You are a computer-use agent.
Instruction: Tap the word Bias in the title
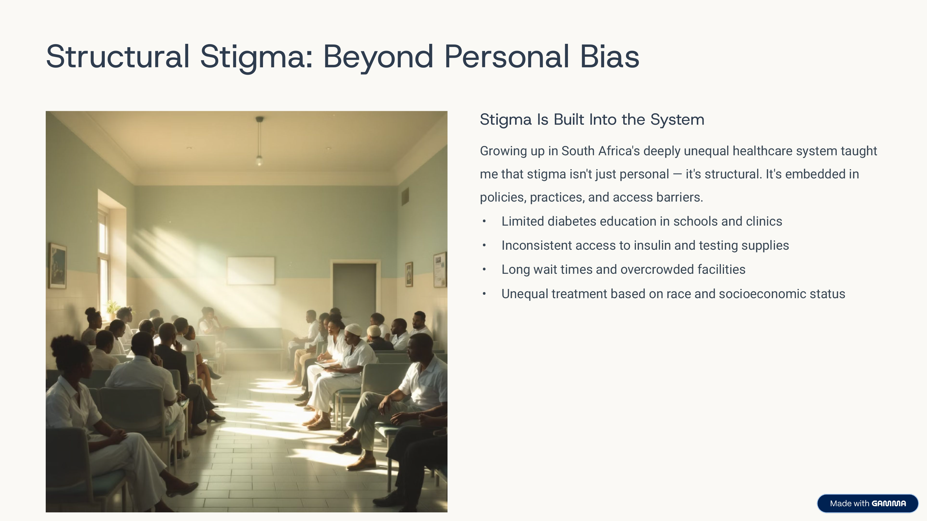coord(609,56)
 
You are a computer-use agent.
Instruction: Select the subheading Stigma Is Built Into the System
coord(592,120)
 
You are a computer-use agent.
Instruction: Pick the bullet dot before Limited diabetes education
coord(485,221)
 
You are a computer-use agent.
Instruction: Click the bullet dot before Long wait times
coord(485,269)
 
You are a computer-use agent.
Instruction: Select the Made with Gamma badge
coord(868,503)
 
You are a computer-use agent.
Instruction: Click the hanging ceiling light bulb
coord(259,160)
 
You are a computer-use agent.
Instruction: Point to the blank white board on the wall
coord(251,270)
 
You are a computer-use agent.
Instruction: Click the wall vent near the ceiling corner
coord(405,196)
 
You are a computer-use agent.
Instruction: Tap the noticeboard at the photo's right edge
coord(440,270)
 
